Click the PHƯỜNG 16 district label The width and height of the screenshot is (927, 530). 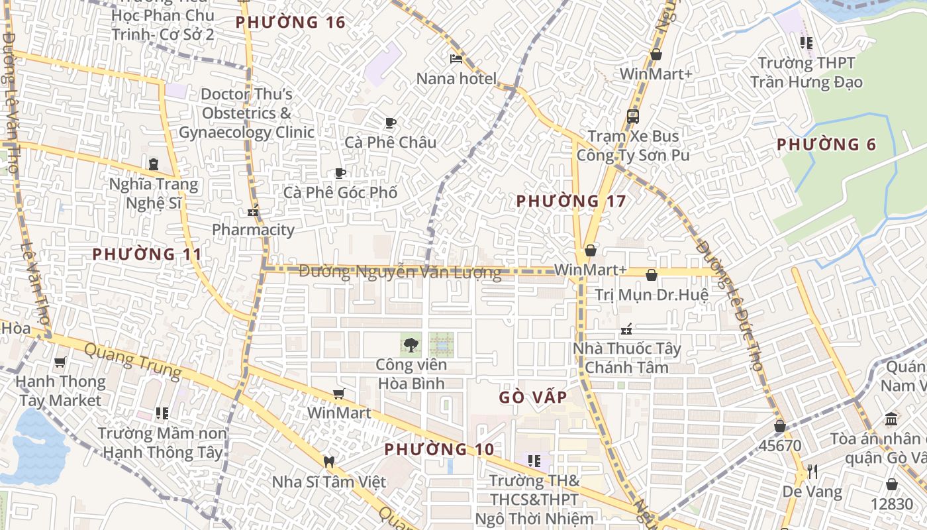(x=291, y=23)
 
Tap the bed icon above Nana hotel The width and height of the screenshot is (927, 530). (x=456, y=58)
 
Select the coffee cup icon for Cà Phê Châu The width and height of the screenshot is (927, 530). (x=390, y=123)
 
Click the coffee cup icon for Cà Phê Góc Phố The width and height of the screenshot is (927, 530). (x=340, y=174)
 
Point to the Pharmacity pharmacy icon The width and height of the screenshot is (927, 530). (x=252, y=212)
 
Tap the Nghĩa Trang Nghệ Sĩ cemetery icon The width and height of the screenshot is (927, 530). (x=154, y=164)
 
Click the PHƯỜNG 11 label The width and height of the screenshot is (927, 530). (x=147, y=254)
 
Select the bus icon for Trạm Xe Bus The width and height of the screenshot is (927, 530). (x=632, y=117)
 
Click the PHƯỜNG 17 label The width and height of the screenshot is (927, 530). (x=571, y=201)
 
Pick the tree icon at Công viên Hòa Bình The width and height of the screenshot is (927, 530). (x=411, y=344)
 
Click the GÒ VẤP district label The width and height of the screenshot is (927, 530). (x=533, y=397)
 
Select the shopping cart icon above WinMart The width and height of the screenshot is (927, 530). (x=338, y=394)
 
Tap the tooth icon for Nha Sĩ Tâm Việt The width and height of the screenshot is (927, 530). (x=328, y=461)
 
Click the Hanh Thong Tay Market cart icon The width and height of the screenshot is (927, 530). (x=60, y=362)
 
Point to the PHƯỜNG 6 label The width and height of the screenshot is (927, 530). (x=826, y=144)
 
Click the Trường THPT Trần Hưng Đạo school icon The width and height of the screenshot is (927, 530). (x=806, y=43)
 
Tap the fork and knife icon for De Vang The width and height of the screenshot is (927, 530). (x=812, y=472)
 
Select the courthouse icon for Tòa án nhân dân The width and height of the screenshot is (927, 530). (x=891, y=419)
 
